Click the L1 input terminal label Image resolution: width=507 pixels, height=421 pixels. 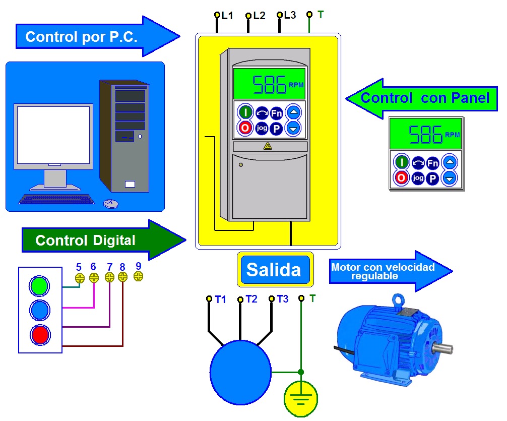pos(227,16)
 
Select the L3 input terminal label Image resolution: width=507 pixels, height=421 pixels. pos(290,15)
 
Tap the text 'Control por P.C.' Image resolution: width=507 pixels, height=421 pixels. pos(81,37)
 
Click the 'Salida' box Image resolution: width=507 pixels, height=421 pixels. pos(275,270)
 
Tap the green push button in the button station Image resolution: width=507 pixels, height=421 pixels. pos(39,286)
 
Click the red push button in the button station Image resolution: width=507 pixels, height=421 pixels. pos(39,334)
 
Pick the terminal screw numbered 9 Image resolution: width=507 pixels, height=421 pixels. pos(139,276)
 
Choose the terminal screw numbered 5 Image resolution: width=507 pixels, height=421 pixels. pos(79,278)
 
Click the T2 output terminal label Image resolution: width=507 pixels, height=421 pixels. pos(251,299)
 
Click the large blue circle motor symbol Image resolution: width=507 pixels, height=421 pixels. pos(240,372)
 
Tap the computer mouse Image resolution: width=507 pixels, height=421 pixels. pos(110,203)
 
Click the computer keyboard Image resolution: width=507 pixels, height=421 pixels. pos(56,199)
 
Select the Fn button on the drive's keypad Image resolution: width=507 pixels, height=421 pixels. pos(276,112)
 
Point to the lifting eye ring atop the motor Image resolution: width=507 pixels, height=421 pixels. pos(400,300)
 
